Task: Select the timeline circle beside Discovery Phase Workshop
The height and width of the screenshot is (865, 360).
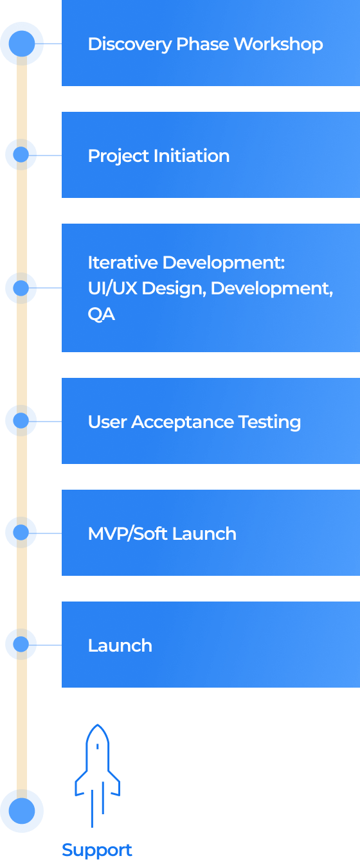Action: pyautogui.click(x=22, y=44)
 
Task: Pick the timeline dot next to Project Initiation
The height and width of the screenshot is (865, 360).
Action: pyautogui.click(x=21, y=155)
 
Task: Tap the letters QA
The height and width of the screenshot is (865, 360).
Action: pyautogui.click(x=101, y=315)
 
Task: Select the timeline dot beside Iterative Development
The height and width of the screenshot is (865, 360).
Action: pyautogui.click(x=21, y=288)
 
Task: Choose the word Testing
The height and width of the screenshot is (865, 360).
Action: pyautogui.click(x=269, y=422)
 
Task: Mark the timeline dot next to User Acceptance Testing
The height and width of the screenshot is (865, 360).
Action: pyautogui.click(x=21, y=421)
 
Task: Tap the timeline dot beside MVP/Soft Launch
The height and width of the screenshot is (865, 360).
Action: pyautogui.click(x=21, y=533)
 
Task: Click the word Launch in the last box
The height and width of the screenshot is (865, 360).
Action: pyautogui.click(x=120, y=646)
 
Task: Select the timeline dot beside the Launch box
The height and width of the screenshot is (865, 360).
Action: pyautogui.click(x=21, y=645)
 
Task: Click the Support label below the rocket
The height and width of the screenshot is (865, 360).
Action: pyautogui.click(x=96, y=850)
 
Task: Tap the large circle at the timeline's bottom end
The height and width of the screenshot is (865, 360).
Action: pyautogui.click(x=22, y=812)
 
